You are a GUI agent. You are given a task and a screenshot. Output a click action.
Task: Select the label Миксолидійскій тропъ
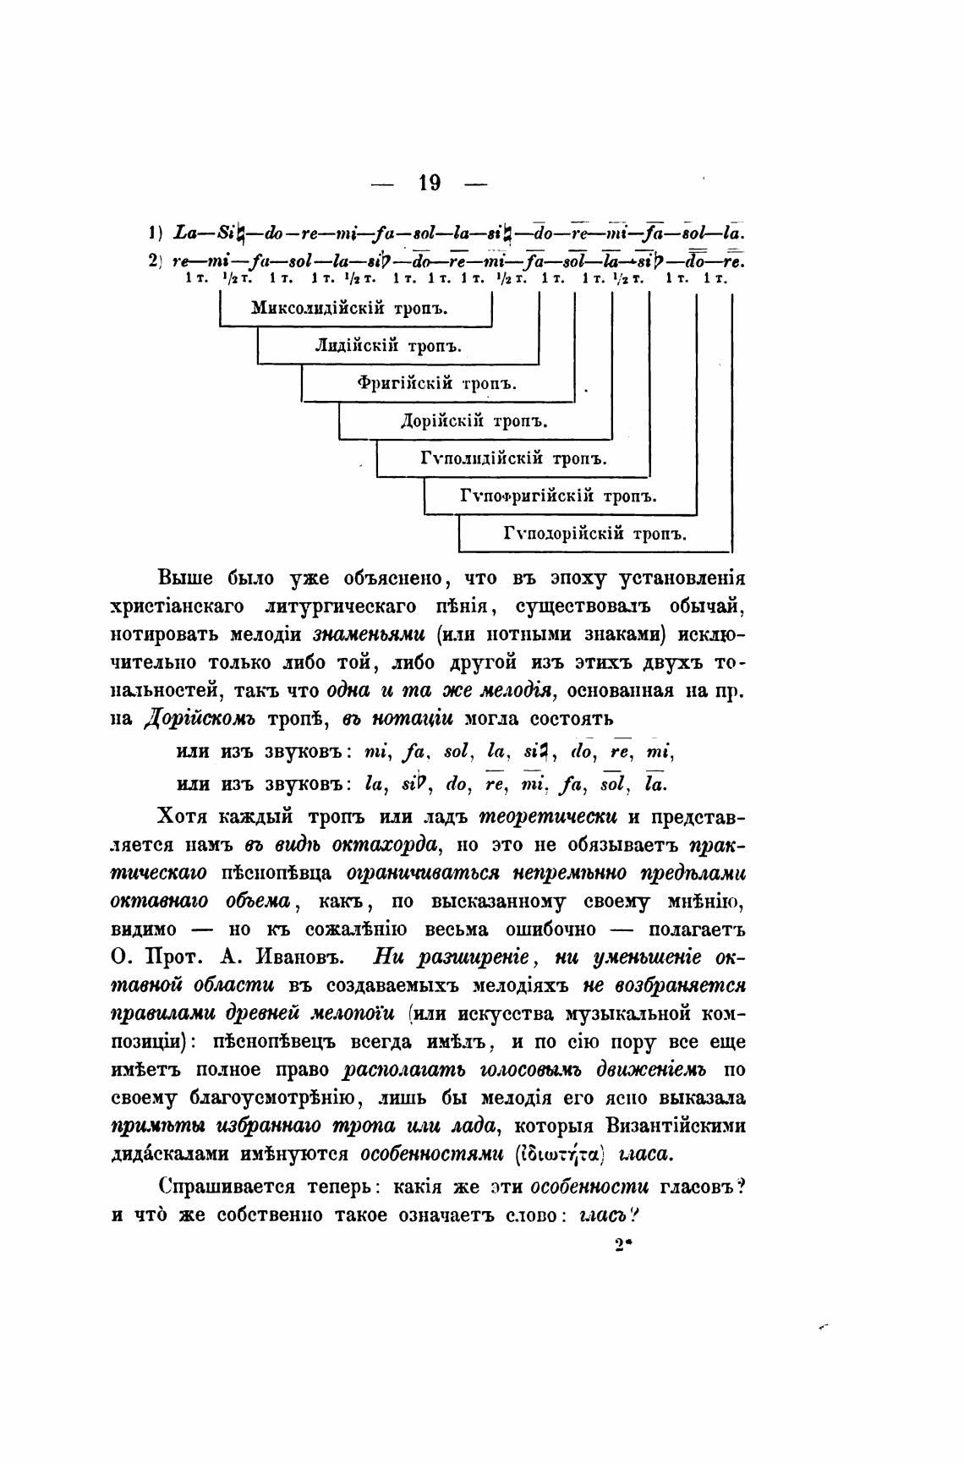[350, 308]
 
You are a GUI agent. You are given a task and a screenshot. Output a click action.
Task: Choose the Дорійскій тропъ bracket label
[474, 420]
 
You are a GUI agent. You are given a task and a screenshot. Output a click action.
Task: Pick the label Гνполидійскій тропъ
[514, 458]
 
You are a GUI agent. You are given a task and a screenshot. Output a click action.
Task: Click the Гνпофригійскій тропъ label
[558, 496]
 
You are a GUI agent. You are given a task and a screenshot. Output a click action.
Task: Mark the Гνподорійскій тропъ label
[594, 534]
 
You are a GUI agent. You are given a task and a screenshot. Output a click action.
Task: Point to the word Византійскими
[676, 1127]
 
